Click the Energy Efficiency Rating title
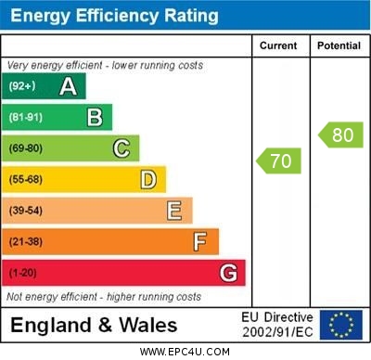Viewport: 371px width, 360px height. pos(114,16)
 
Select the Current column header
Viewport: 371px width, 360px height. pos(278,45)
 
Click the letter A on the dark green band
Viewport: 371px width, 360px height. pos(68,86)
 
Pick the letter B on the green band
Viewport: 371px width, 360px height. pos(95,117)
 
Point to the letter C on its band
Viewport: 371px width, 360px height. pos(122,148)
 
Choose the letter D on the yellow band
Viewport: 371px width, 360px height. pos(148,179)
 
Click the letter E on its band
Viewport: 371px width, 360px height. pos(174,211)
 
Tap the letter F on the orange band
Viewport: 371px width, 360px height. pos(200,242)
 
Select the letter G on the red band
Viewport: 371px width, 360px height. pos(228,273)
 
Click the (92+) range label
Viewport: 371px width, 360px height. pos(22,86)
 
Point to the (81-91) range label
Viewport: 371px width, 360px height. pos(26,117)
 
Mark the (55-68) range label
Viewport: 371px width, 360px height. pos(26,179)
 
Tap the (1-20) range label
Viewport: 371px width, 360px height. pos(23,273)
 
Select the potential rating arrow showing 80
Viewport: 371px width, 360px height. pos(339,135)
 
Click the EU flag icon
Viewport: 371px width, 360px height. pos(340,325)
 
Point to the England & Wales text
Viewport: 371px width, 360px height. pos(94,325)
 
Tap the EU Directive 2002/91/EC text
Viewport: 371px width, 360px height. pos(277,325)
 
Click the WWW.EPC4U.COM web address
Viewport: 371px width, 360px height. pos(185,352)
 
